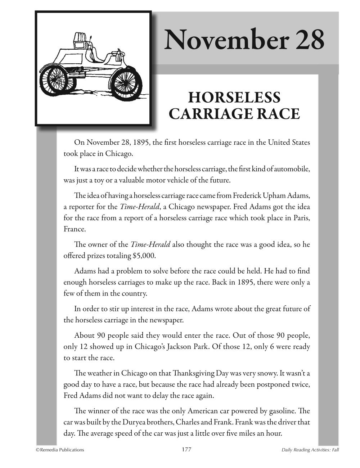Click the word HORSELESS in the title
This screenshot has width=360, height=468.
(x=234, y=98)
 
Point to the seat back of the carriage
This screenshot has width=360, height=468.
(x=80, y=38)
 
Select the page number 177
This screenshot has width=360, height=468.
(x=186, y=449)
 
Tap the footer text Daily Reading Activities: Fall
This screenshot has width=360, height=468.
(x=311, y=450)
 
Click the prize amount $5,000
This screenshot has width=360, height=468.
(x=144, y=256)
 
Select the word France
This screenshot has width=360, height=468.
(x=74, y=229)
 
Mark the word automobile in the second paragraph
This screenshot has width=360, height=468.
(x=293, y=169)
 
